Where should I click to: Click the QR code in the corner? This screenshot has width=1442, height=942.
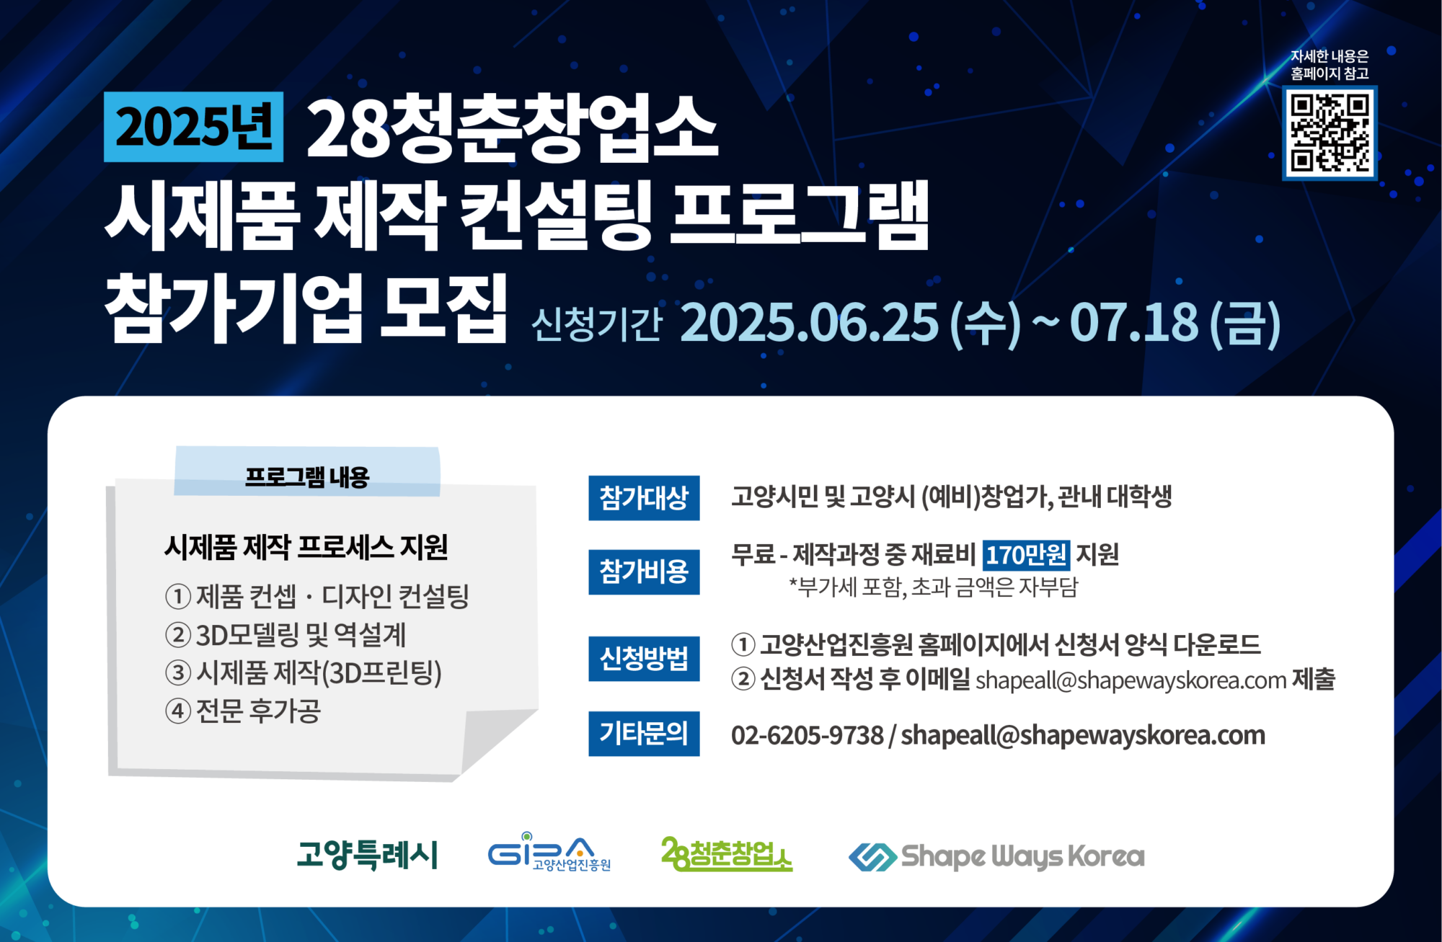pyautogui.click(x=1330, y=133)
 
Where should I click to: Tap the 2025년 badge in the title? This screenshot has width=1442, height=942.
pyautogui.click(x=193, y=127)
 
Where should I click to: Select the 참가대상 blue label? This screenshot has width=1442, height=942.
pyautogui.click(x=644, y=498)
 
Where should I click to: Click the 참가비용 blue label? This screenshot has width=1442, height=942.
pyautogui.click(x=644, y=572)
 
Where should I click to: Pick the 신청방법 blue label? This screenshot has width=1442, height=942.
pyautogui.click(x=644, y=658)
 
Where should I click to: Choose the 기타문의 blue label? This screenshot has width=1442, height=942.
pyautogui.click(x=644, y=734)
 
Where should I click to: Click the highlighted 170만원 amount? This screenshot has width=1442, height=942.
pyautogui.click(x=1026, y=555)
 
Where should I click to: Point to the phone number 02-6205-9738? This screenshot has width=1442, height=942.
pyautogui.click(x=807, y=735)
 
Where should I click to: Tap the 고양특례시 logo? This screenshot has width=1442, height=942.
pyautogui.click(x=368, y=855)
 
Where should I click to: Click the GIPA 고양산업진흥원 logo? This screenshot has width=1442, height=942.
pyautogui.click(x=549, y=853)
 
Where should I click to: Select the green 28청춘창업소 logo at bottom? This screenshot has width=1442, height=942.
pyautogui.click(x=727, y=854)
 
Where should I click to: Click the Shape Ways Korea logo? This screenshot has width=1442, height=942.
pyautogui.click(x=996, y=856)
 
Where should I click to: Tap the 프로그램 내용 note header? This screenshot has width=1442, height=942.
pyautogui.click(x=307, y=476)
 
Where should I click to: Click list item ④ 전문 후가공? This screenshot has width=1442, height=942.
pyautogui.click(x=243, y=711)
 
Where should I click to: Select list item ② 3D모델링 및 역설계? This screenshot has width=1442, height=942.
pyautogui.click(x=286, y=635)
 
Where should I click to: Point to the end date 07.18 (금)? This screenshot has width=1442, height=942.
pyautogui.click(x=1175, y=323)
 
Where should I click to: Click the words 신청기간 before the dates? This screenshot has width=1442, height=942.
pyautogui.click(x=596, y=324)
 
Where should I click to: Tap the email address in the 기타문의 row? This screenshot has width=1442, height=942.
pyautogui.click(x=1083, y=735)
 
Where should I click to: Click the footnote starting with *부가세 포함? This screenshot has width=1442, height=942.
pyautogui.click(x=934, y=587)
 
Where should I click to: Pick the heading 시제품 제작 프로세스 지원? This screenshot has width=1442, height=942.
pyautogui.click(x=306, y=547)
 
